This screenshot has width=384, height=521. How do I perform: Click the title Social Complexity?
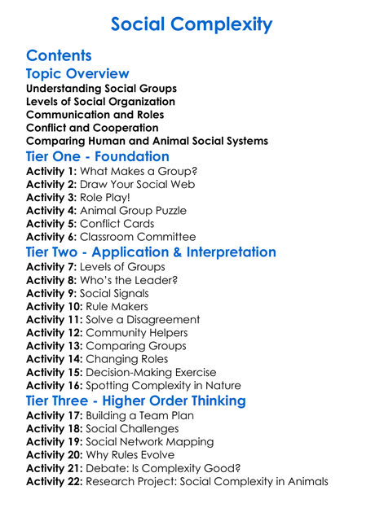[x=192, y=24]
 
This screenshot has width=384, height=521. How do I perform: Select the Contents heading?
[x=59, y=56]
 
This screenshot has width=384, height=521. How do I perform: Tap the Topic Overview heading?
[x=77, y=74]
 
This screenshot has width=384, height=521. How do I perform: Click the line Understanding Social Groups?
[x=101, y=89]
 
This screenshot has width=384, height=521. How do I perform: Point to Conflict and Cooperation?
[x=92, y=128]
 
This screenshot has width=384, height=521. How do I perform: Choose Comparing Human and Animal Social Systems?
[x=147, y=141]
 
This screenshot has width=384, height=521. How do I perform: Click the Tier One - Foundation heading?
[x=98, y=156]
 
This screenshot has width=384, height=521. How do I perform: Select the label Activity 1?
[x=51, y=172]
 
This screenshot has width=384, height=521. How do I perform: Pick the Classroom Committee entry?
[x=135, y=237]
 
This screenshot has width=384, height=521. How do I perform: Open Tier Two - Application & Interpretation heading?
[x=151, y=252]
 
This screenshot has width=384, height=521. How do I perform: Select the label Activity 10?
[x=55, y=307]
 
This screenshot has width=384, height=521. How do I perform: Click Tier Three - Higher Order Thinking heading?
[x=135, y=401]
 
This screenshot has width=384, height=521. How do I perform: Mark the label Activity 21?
[x=55, y=468]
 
